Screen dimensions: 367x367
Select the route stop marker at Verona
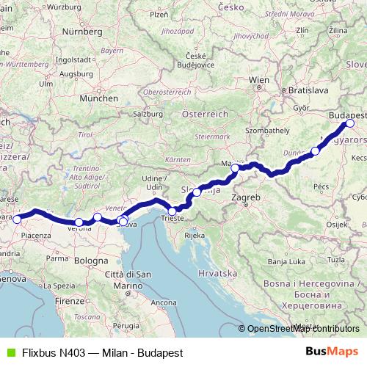click(x=79, y=222)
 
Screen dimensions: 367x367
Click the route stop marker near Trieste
click(x=172, y=211)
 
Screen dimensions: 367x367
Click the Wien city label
click(x=259, y=79)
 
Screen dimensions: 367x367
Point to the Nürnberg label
click(x=81, y=32)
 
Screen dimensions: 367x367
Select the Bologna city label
click(x=91, y=260)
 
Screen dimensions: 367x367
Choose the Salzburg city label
click(x=147, y=114)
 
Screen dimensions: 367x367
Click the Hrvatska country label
click(x=214, y=272)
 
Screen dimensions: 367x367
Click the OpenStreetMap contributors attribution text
click(x=303, y=329)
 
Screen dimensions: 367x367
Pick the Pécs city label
click(x=321, y=188)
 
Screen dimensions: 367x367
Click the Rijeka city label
click(x=194, y=236)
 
